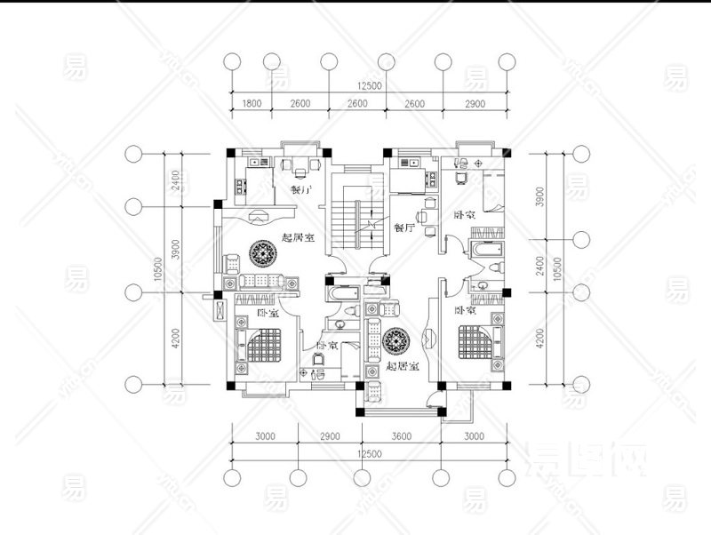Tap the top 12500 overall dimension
point(369,85)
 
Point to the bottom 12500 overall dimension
point(369,454)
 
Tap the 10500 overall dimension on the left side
point(158,269)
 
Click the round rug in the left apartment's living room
point(266,254)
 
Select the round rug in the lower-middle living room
point(396,341)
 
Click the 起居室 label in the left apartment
point(298,236)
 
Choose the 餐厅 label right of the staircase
point(404,228)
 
